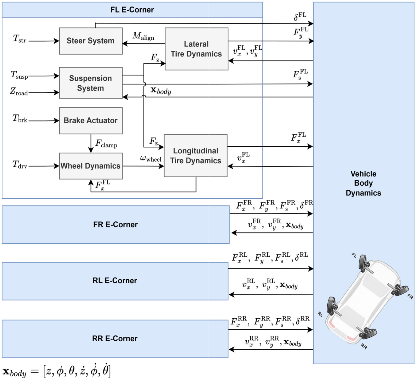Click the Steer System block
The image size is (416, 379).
(91, 41)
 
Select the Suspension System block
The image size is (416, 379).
(91, 83)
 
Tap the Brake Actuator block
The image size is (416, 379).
(91, 120)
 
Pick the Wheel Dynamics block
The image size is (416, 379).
(91, 166)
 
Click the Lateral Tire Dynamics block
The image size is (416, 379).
(197, 49)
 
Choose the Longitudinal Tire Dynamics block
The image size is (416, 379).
(195, 156)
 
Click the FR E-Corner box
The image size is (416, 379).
(115, 225)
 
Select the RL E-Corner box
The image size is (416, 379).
(115, 281)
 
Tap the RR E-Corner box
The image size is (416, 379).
(115, 339)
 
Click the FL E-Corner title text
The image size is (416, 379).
(132, 10)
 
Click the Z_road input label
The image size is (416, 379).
(19, 92)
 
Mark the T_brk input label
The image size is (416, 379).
(20, 119)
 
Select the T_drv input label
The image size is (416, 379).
(20, 165)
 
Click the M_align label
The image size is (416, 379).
(143, 36)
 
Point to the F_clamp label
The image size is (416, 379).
(106, 143)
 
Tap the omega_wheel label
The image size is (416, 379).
(151, 159)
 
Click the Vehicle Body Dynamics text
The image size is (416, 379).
(363, 183)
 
